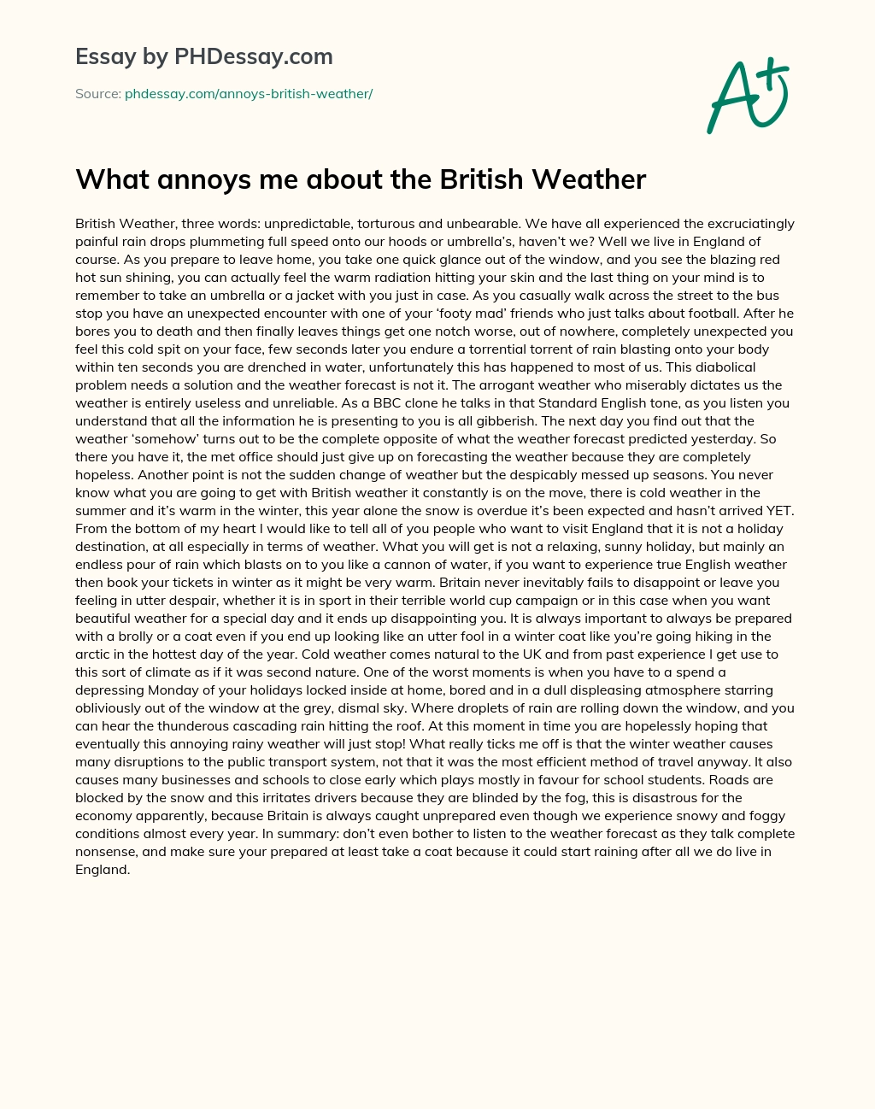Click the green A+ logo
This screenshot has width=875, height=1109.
[748, 95]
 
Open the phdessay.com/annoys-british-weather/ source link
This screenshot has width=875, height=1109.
[249, 94]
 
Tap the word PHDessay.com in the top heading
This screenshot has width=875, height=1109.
[253, 57]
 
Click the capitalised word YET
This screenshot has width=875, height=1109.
[779, 511]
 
